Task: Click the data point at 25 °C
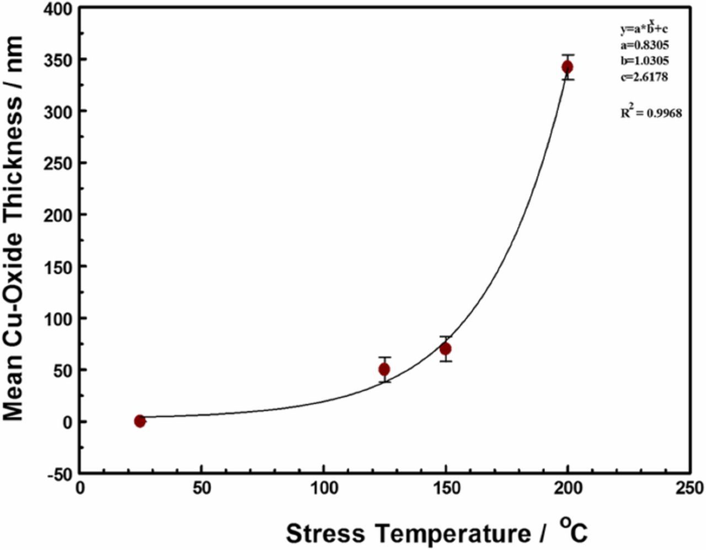point(140,421)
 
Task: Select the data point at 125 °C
point(384,369)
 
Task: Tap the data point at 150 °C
point(446,349)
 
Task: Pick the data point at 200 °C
point(568,67)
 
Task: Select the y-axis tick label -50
point(59,474)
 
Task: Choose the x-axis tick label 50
point(202,489)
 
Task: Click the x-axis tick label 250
point(689,489)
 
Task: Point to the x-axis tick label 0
point(81,489)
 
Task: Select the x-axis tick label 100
point(324,489)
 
